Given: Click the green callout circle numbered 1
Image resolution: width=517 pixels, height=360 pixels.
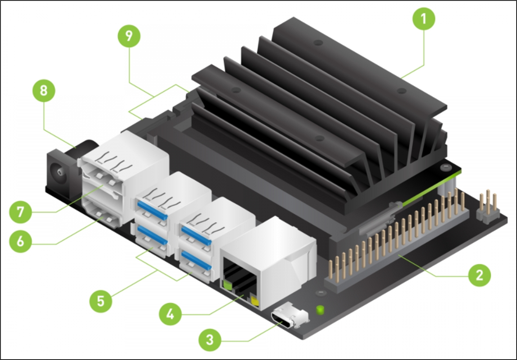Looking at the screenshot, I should (424, 18).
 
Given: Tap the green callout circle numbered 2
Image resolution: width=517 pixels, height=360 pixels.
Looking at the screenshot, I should (479, 275).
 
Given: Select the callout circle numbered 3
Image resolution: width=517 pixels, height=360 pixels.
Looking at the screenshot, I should (210, 339).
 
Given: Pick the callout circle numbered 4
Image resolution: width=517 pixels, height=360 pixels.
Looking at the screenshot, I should (170, 314).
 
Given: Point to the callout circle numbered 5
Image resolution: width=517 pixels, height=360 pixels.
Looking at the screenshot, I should (101, 301).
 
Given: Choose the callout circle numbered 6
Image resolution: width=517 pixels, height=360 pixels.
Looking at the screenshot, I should (21, 241).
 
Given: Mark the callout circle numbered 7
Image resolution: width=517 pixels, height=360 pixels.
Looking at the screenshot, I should (21, 212).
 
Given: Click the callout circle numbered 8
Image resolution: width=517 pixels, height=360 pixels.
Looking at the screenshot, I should (44, 90).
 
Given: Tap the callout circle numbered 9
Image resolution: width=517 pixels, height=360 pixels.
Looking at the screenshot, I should (129, 36).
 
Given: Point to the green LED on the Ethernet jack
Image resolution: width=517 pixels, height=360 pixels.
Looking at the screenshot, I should (227, 285).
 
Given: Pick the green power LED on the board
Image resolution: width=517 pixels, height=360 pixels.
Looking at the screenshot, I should (319, 309).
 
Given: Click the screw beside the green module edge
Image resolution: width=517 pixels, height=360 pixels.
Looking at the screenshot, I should (446, 167).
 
